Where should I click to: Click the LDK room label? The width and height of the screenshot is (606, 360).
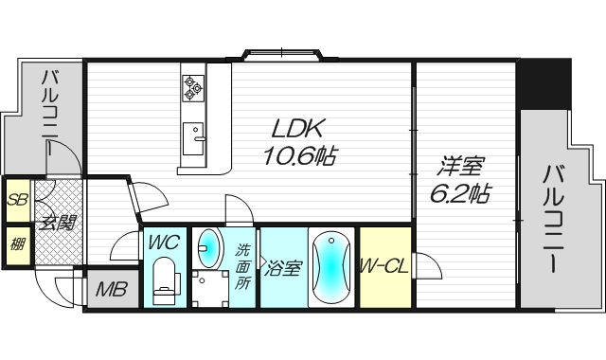pos(297,129)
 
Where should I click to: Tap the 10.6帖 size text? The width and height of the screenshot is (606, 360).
pos(299,155)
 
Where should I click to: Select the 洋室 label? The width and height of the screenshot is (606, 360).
pos(460,167)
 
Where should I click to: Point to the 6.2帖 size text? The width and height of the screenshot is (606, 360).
pos(460,193)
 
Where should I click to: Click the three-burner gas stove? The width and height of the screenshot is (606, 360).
pos(193,88)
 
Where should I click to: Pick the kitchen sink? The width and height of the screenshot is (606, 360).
pos(193,138)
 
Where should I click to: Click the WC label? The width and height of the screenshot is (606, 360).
pos(164,243)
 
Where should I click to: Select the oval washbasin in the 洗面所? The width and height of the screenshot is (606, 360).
pos(208,248)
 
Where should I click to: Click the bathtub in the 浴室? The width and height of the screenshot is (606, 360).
pos(331,267)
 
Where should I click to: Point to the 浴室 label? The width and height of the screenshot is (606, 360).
pos(282,268)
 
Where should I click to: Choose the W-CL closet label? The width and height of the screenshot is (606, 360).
pos(384,266)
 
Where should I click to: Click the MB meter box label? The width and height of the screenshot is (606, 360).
pos(112,289)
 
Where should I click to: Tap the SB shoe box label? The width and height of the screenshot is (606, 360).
pos(17,200)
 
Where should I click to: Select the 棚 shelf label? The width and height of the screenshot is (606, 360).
pos(17,244)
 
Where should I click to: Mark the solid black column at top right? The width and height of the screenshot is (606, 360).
pos(544,84)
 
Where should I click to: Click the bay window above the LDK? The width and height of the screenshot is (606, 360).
pos(282,55)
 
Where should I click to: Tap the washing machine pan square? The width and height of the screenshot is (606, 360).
pos(210,288)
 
